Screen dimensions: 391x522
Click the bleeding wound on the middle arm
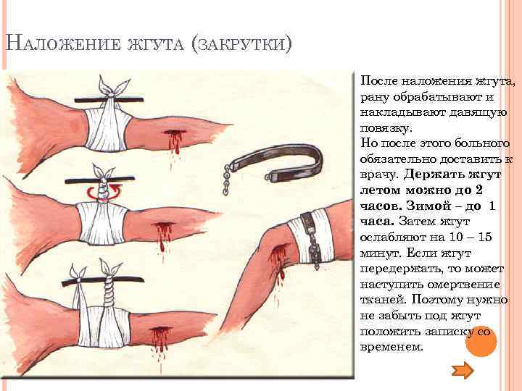[163, 232]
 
